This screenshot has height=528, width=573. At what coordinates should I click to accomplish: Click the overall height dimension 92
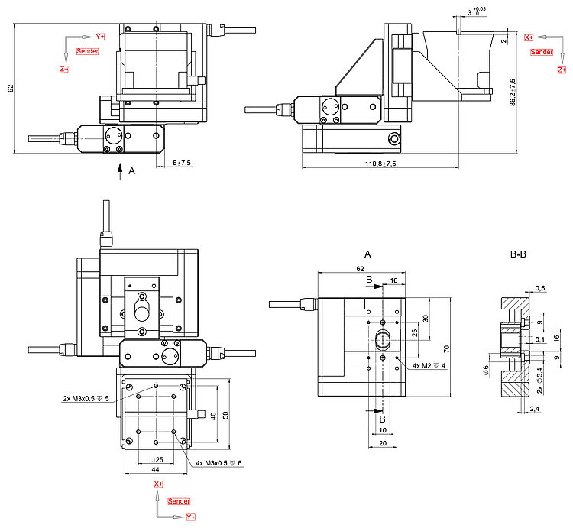pyautogui.click(x=11, y=89)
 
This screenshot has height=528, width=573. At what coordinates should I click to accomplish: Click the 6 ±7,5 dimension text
pyautogui.click(x=182, y=163)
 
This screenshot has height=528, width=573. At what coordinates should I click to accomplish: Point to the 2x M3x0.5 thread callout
pyautogui.click(x=86, y=398)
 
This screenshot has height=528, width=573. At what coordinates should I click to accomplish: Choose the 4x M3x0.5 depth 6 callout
pyautogui.click(x=219, y=463)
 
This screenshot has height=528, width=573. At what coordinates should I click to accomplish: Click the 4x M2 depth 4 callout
pyautogui.click(x=428, y=366)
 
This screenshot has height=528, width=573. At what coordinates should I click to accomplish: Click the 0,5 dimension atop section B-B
pyautogui.click(x=540, y=288)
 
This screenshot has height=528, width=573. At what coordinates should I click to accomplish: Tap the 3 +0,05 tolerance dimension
pyautogui.click(x=474, y=12)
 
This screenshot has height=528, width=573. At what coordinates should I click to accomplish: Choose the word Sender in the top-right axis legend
pyautogui.click(x=541, y=52)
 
